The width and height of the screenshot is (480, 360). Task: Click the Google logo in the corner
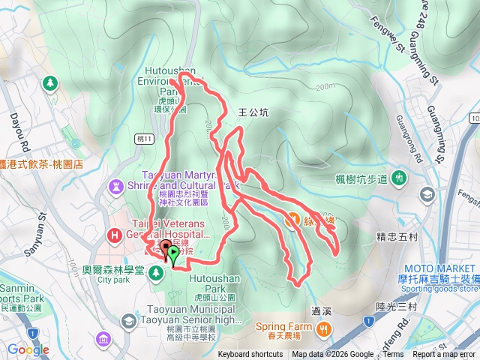click(28, 349)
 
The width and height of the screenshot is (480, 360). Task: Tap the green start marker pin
click(175, 254)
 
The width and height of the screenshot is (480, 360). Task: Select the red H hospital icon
click(115, 235)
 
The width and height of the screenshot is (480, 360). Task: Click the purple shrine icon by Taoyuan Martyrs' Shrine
click(117, 184)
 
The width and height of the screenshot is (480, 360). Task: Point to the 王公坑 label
click(252, 112)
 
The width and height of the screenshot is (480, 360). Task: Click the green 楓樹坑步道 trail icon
click(400, 178)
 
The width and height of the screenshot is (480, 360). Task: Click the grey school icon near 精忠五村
click(427, 196)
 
